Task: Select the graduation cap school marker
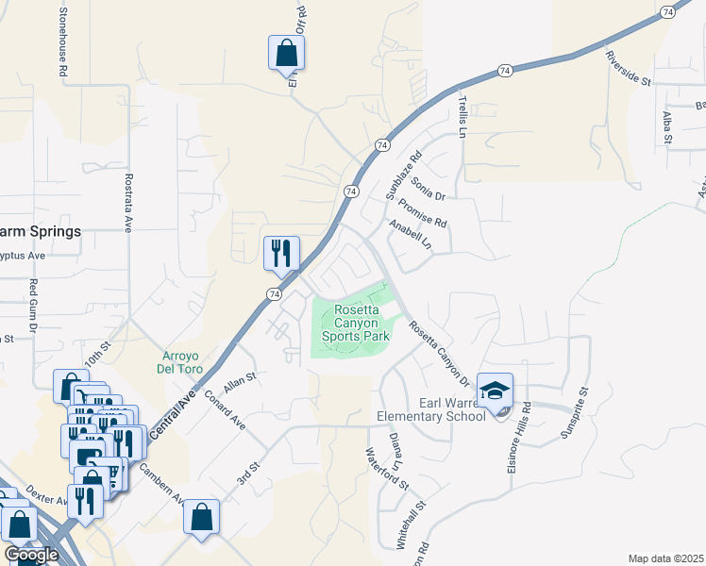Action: [x=495, y=391]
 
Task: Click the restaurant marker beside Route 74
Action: [x=281, y=253]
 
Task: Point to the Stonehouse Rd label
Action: [x=63, y=42]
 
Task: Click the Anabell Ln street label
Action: [x=409, y=235]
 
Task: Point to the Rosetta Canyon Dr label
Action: [x=439, y=354]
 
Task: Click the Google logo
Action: [x=31, y=555]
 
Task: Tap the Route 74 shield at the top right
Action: [x=668, y=12]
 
